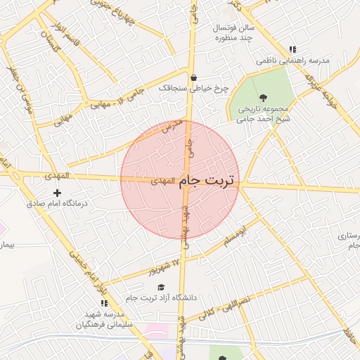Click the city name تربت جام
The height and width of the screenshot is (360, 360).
click(x=208, y=181)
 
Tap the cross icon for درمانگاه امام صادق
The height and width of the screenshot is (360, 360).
click(x=58, y=193)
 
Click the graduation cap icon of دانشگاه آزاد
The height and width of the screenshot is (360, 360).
click(x=161, y=287)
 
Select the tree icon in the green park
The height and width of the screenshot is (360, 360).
click(x=263, y=97)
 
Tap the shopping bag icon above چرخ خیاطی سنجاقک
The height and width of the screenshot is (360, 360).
click(x=193, y=77)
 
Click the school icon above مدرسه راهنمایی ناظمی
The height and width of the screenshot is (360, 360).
click(x=292, y=49)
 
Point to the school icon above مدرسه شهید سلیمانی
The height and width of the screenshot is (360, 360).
click(x=104, y=304)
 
